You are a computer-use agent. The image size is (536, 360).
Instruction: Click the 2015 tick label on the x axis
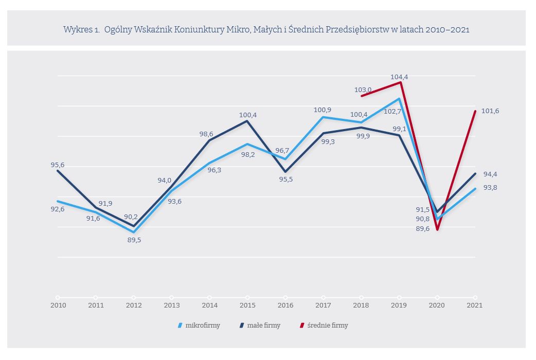(x=247, y=305)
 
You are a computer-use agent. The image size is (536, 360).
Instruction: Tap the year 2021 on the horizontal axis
(x=474, y=305)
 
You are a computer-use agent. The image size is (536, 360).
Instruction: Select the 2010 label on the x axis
(x=58, y=305)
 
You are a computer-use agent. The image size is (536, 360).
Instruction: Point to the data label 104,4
(x=399, y=77)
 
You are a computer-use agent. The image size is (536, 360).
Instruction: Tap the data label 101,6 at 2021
(x=490, y=111)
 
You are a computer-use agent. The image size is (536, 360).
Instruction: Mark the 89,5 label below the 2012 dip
(x=134, y=240)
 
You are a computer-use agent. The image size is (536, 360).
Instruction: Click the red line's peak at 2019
(x=400, y=82)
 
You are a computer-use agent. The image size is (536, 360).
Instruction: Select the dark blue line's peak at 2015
(x=247, y=121)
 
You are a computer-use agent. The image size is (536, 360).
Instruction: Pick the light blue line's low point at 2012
(x=134, y=232)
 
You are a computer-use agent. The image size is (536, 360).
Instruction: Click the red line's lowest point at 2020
(x=437, y=229)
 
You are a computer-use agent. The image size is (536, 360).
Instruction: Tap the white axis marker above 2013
(x=171, y=297)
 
